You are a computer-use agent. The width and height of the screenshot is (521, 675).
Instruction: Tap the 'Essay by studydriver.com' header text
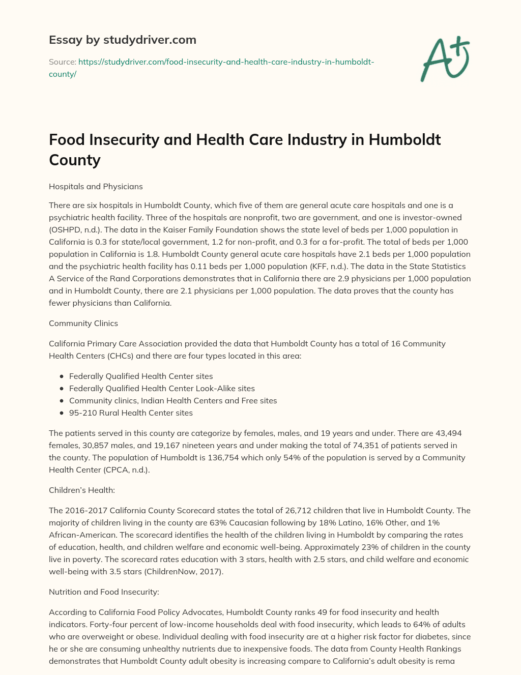point(122,40)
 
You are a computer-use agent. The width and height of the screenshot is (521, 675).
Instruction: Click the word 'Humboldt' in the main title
point(404,139)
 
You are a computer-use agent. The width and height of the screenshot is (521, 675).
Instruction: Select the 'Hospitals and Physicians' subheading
point(96,187)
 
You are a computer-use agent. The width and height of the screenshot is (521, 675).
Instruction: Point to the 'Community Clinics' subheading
point(83,324)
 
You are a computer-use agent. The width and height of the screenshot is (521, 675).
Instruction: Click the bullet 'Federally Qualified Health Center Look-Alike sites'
point(162,389)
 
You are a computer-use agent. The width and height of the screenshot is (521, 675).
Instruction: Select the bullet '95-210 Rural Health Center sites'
point(131,413)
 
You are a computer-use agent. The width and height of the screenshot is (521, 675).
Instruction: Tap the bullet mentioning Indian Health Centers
point(173,401)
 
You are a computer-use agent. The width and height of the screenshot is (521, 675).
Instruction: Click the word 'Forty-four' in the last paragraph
point(68,625)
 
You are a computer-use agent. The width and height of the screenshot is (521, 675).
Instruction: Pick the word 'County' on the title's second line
point(75,160)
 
